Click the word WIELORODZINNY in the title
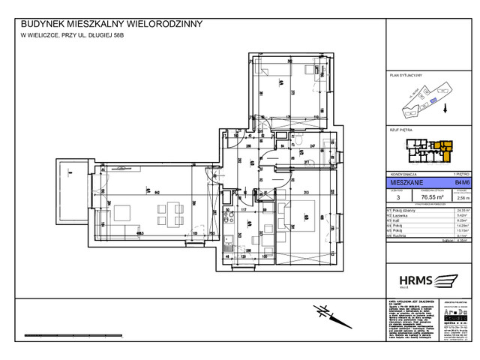pos(163,23)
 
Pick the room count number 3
pos(390,198)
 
